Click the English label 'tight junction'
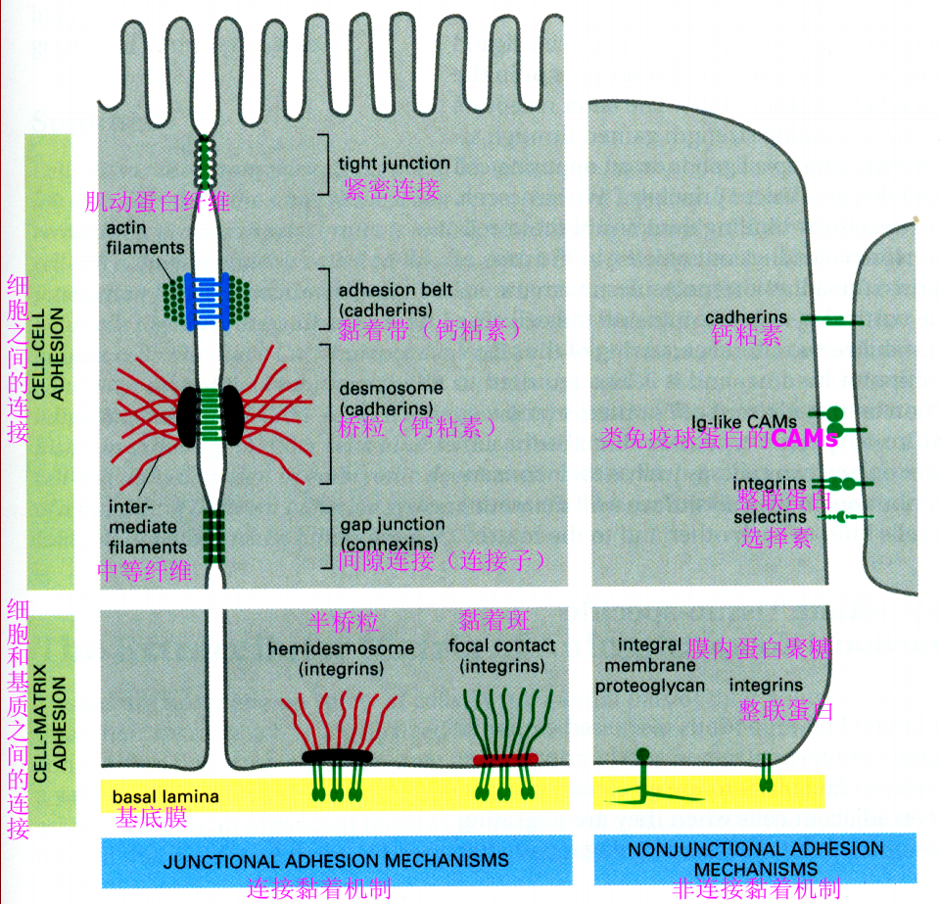[x=394, y=164]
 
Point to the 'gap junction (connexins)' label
[x=392, y=534]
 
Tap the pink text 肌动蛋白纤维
[x=158, y=203]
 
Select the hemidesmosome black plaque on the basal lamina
[x=338, y=756]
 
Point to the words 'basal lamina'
[x=164, y=796]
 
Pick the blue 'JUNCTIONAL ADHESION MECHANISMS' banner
[x=336, y=860]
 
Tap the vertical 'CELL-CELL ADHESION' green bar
[x=49, y=353]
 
